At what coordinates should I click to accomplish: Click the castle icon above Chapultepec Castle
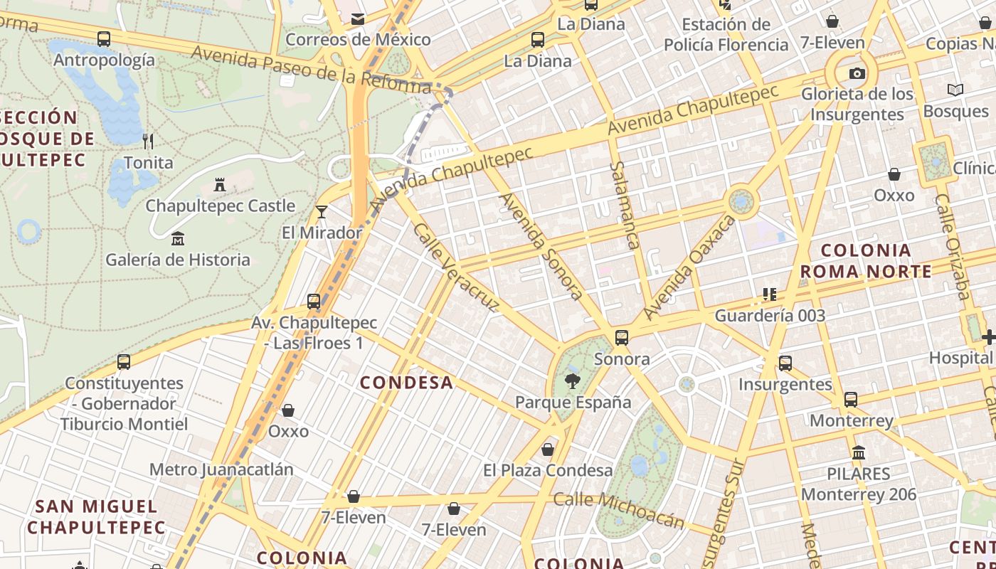(x=220, y=185)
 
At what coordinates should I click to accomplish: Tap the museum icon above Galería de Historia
(x=178, y=238)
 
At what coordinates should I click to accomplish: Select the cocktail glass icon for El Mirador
(x=322, y=211)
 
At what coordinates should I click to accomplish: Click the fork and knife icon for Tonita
(x=148, y=141)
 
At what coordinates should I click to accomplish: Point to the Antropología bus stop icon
(x=104, y=39)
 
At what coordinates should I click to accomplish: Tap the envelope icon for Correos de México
(x=358, y=18)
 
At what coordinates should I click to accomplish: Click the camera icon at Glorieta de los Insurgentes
(x=857, y=73)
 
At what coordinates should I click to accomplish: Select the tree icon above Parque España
(x=572, y=381)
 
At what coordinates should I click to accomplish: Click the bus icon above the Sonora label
(x=622, y=337)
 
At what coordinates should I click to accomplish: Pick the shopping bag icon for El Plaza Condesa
(x=548, y=450)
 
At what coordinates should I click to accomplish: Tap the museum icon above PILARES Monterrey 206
(x=859, y=452)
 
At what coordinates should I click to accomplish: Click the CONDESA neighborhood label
(x=406, y=383)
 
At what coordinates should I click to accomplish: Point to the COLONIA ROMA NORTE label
(x=866, y=260)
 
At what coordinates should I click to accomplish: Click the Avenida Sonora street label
(x=542, y=246)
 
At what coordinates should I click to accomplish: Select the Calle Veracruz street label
(x=456, y=267)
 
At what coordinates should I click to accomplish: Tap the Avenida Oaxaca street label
(x=689, y=267)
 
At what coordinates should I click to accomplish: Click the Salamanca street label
(x=623, y=205)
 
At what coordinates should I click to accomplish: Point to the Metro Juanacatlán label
(x=221, y=469)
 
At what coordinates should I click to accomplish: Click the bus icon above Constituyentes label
(x=124, y=362)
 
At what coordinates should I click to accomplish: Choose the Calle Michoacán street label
(x=619, y=509)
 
